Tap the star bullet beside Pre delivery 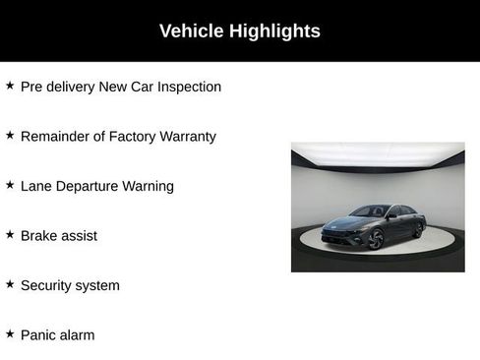10,86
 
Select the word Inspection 187,87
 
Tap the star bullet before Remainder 10,136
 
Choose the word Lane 36,186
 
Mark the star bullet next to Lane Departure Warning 10,185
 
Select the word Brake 40,236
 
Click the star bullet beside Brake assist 10,235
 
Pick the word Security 48,285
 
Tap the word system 99,286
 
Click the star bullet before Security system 10,284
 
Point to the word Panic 39,335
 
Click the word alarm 79,335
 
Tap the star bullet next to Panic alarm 10,334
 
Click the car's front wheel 377,239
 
